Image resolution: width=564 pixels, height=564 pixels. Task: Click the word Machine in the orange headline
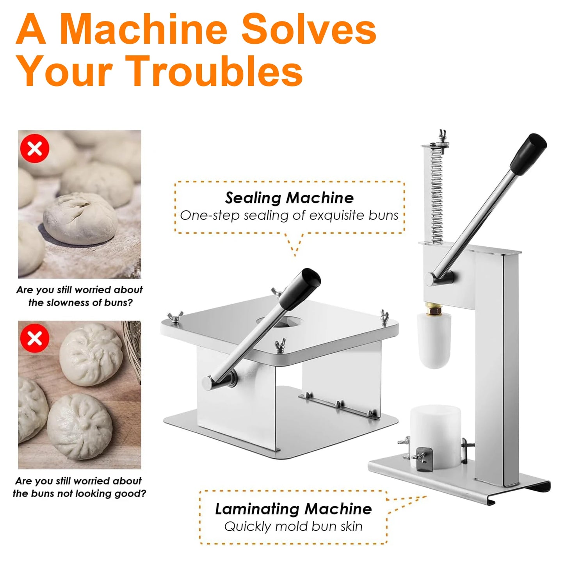tap(144, 30)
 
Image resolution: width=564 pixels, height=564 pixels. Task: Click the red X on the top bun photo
tap(35, 148)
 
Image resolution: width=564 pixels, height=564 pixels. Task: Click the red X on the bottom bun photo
tap(35, 338)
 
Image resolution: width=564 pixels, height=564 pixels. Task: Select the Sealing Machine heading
tap(289, 198)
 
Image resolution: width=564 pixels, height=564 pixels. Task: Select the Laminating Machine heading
tap(293, 509)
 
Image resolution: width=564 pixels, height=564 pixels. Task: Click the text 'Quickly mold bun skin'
tap(293, 527)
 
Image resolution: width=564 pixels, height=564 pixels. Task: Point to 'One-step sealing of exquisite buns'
tap(289, 215)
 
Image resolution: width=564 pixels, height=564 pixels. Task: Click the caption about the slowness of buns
tap(80, 296)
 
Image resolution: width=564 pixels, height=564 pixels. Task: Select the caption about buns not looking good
tap(79, 487)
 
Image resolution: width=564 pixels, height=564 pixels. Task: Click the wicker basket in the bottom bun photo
tap(133, 347)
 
